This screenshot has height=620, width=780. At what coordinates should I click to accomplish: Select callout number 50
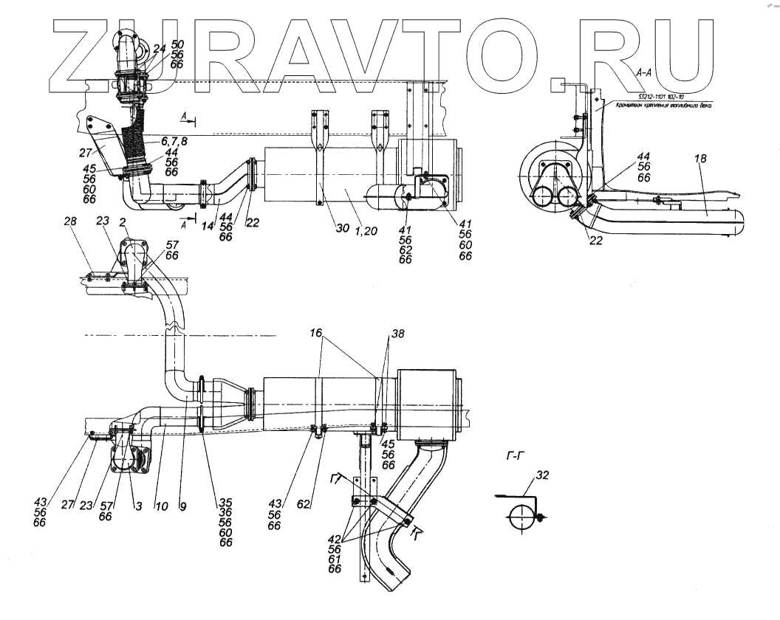coord(177,45)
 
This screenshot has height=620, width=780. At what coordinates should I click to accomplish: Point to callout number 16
coord(317,334)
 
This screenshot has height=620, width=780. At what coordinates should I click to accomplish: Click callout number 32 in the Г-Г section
coord(543,474)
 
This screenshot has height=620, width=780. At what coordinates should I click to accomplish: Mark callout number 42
coord(335,538)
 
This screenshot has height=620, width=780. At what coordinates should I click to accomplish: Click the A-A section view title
coord(643,72)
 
